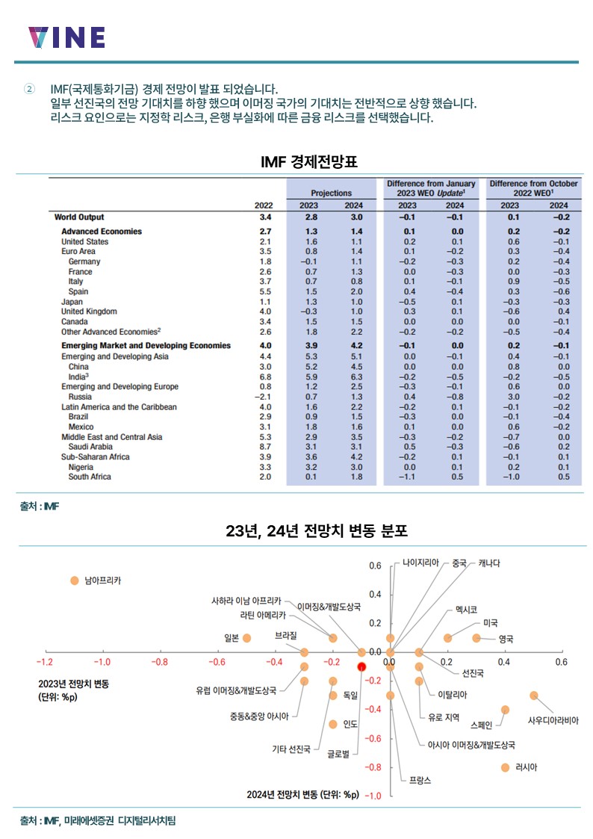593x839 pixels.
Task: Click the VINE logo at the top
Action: (x=66, y=37)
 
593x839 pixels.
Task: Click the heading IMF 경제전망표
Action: (x=309, y=161)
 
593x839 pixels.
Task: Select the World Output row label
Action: (x=79, y=217)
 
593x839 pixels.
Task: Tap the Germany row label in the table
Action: (x=84, y=261)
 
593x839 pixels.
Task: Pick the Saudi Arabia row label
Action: (x=90, y=447)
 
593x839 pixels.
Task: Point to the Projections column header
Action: (x=332, y=194)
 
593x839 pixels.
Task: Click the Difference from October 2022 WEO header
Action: (x=534, y=188)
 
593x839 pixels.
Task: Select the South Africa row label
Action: (x=90, y=477)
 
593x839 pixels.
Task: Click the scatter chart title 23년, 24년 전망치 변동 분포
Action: (x=317, y=530)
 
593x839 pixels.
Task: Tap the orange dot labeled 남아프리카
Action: (x=75, y=581)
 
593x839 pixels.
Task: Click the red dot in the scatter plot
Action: (x=361, y=666)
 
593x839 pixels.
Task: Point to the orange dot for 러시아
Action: (x=505, y=768)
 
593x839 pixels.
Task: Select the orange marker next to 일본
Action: (x=246, y=638)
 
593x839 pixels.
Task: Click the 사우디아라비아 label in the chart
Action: (x=553, y=721)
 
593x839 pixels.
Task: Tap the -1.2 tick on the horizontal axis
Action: (x=44, y=663)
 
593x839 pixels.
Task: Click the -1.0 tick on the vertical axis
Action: (x=373, y=796)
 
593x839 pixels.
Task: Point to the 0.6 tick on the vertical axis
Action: (x=375, y=566)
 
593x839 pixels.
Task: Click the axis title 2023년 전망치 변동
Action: (x=74, y=684)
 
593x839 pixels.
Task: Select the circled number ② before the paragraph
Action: (x=29, y=89)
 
